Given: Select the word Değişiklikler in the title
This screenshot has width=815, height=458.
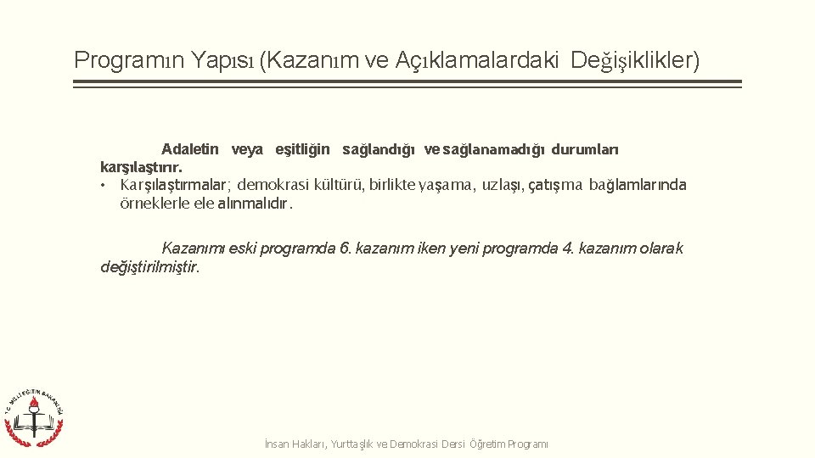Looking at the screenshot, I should click(x=635, y=61).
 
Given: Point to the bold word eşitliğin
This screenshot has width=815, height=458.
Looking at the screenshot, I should click(x=302, y=150).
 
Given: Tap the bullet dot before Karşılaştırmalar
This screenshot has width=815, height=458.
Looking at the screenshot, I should click(x=101, y=186).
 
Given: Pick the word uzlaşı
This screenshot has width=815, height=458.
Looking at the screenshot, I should click(x=502, y=185).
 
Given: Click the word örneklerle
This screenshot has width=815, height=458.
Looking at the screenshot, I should click(x=149, y=204).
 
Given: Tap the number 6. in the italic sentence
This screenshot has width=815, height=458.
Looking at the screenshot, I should click(x=345, y=249).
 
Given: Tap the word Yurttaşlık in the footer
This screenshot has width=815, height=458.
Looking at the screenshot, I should click(x=353, y=444).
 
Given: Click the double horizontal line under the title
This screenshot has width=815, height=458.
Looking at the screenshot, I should click(x=407, y=84).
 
